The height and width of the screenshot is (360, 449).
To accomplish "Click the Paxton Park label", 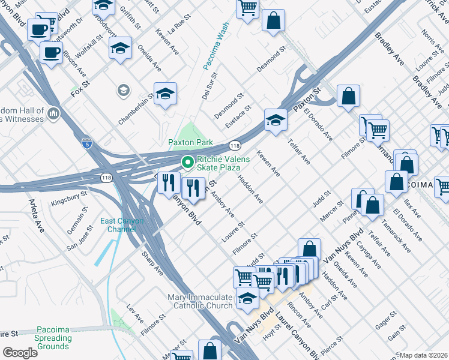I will [x=190, y=142].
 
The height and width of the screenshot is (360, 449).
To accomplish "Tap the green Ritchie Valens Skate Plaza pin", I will [x=187, y=161].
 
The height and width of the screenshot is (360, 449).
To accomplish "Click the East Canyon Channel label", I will [x=122, y=225].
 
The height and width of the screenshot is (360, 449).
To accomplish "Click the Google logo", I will [x=20, y=352].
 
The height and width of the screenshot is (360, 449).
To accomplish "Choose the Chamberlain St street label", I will [x=136, y=109].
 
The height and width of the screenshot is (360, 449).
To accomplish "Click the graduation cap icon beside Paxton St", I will [x=276, y=120].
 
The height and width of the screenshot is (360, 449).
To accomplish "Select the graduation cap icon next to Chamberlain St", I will [x=165, y=94].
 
